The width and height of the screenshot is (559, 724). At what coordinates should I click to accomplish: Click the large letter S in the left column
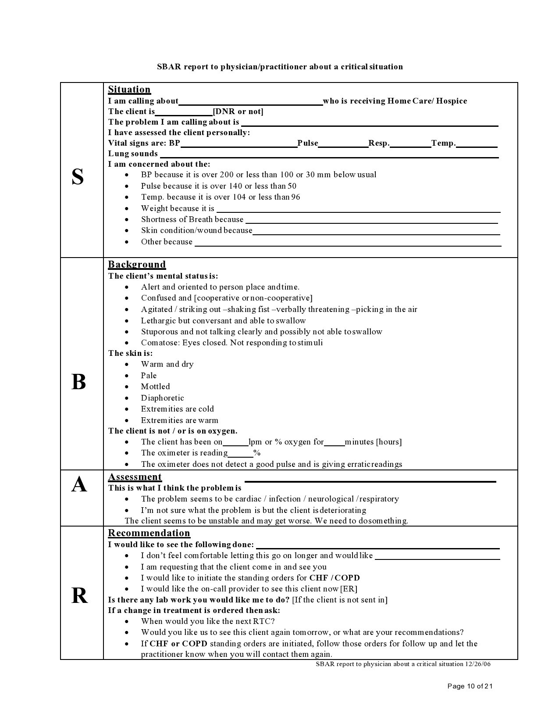coord(78,177)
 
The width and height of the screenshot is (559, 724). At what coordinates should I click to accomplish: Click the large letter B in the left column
coord(78,382)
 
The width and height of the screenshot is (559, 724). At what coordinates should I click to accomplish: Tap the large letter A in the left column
coord(79,485)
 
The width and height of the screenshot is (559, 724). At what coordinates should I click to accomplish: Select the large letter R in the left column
coord(79,596)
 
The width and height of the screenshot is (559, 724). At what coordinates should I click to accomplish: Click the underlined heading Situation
coord(129,90)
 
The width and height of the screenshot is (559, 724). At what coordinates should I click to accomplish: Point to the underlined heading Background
coord(137,265)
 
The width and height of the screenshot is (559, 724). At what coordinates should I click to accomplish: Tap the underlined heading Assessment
coord(135,477)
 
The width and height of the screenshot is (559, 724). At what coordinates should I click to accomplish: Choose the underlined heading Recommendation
coord(149,533)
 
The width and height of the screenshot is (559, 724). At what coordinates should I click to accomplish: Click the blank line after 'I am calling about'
coord(250,102)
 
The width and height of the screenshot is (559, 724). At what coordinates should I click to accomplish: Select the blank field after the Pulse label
coord(343,144)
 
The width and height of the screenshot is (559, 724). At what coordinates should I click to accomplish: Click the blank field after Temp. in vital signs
coord(477,144)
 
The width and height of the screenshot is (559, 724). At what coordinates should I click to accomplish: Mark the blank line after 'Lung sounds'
coord(329,154)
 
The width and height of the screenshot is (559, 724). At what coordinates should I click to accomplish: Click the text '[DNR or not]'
coord(238,111)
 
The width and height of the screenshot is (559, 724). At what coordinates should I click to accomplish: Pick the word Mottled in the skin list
coord(155,387)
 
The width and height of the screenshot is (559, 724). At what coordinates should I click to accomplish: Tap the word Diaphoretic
coord(162,398)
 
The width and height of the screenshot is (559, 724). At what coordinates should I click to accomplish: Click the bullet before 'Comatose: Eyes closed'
coord(127,343)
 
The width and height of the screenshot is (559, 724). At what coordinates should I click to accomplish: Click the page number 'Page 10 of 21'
coord(470,686)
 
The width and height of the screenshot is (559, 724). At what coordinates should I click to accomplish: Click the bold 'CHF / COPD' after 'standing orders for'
coord(335,578)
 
